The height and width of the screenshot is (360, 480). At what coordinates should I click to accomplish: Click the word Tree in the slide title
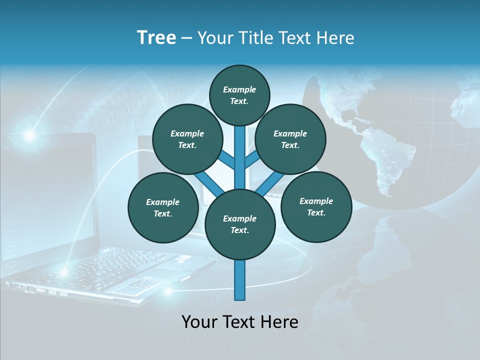[156, 37]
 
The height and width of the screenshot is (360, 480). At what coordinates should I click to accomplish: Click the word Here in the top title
[337, 38]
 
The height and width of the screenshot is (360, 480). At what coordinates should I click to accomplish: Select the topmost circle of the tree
[239, 95]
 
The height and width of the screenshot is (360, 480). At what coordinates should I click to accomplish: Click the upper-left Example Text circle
[187, 139]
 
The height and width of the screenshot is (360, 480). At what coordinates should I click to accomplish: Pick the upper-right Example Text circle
[290, 139]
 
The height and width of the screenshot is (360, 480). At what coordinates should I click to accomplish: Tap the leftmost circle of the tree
[163, 207]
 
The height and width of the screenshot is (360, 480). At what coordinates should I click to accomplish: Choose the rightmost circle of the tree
[316, 206]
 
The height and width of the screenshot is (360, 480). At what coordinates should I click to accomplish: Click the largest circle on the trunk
[240, 224]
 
